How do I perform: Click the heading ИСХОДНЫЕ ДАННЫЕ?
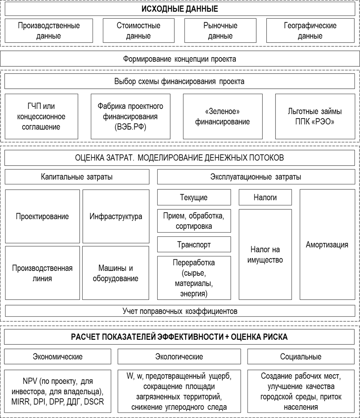(x=180, y=9)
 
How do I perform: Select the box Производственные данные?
(x=49, y=31)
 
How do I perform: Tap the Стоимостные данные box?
(x=138, y=31)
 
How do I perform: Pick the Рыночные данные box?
(x=220, y=31)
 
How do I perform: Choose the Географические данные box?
(x=310, y=31)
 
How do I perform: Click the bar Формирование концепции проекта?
(x=180, y=59)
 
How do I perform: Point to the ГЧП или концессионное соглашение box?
(x=41, y=116)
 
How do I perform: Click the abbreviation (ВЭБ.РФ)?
(x=130, y=127)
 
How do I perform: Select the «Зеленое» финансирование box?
(x=222, y=116)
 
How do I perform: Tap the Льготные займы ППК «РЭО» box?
(x=315, y=116)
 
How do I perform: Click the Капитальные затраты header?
(x=77, y=177)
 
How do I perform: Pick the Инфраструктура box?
(x=116, y=216)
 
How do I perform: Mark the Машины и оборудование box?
(x=115, y=273)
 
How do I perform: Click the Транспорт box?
(x=194, y=245)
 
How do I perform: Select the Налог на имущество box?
(x=265, y=255)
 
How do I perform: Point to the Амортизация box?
(x=327, y=245)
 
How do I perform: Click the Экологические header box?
(x=179, y=357)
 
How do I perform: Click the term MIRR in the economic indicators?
(x=20, y=402)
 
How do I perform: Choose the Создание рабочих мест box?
(x=301, y=391)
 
